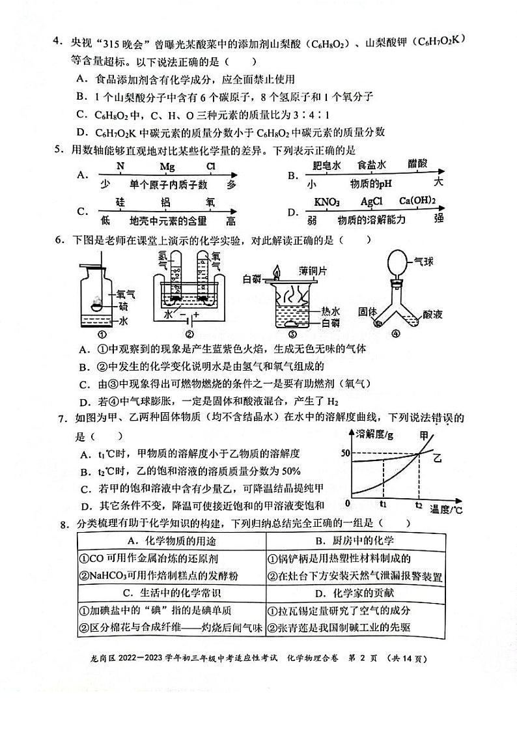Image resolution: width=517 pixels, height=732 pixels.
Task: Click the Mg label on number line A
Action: coord(167,167)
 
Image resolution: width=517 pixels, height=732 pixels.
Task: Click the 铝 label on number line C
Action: coord(165,203)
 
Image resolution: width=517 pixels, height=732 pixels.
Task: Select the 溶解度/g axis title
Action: coord(374,434)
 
